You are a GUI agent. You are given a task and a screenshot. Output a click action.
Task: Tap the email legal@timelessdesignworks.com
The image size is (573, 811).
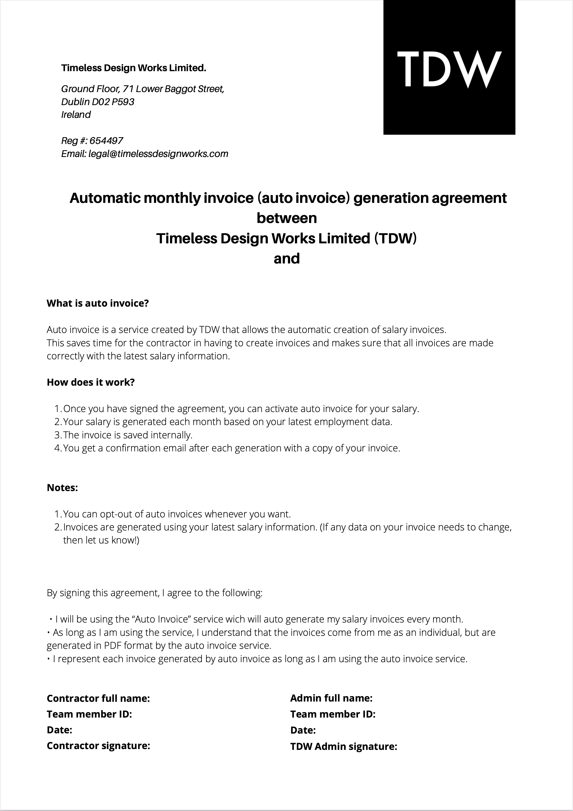pyautogui.click(x=158, y=154)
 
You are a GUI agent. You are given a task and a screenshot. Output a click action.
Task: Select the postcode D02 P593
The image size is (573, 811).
pyautogui.click(x=113, y=102)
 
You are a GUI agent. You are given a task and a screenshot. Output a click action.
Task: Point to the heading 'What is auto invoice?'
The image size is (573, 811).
pyautogui.click(x=98, y=303)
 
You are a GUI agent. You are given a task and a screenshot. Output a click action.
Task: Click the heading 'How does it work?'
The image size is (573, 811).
pyautogui.click(x=91, y=382)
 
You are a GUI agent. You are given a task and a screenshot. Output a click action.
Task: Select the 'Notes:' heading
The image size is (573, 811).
pyautogui.click(x=62, y=488)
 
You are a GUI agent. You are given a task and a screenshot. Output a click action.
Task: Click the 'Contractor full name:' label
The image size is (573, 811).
pyautogui.click(x=98, y=698)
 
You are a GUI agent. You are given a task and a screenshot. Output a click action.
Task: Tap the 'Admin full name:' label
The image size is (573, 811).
pyautogui.click(x=331, y=698)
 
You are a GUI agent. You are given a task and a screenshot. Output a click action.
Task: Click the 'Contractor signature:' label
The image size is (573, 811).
pyautogui.click(x=99, y=746)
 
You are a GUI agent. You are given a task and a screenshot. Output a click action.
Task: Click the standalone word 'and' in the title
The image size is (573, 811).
pyautogui.click(x=286, y=259)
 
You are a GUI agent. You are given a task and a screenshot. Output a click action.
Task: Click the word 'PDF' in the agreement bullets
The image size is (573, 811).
pyautogui.click(x=113, y=646)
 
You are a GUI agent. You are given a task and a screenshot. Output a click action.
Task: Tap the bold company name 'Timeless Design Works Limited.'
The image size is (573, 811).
pyautogui.click(x=134, y=68)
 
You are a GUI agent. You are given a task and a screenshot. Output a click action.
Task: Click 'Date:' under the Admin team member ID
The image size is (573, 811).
pyautogui.click(x=303, y=730)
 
